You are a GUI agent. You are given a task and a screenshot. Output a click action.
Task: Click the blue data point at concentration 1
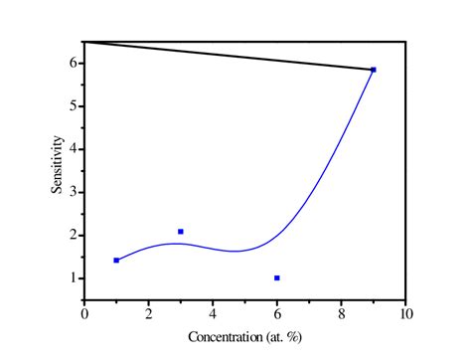[116, 261]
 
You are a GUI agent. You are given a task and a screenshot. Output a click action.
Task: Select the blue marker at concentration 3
[181, 232]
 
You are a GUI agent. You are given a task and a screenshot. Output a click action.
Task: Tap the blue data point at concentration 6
[277, 278]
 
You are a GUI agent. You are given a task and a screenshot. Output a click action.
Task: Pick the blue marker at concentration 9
[374, 70]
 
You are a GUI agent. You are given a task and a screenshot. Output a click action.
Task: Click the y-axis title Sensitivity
[59, 168]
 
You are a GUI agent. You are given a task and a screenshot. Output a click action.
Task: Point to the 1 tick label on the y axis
[74, 278]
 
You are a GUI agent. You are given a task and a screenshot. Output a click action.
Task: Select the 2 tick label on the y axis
[74, 235]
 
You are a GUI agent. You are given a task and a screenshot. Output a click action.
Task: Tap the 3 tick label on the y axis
[74, 192]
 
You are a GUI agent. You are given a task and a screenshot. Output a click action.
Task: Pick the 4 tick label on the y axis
[74, 149]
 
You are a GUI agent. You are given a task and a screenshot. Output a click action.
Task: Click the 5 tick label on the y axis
[74, 105]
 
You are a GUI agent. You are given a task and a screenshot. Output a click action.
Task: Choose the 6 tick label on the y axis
[74, 63]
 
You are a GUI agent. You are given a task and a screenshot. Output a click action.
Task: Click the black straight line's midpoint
[229, 56]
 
